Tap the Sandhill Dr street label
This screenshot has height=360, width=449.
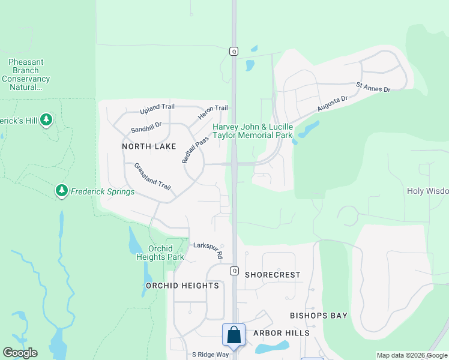coord(146,128)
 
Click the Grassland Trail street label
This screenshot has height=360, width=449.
coord(152,176)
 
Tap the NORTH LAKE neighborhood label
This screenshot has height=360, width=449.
coord(149,146)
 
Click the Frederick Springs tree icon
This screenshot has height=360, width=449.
coord(61,191)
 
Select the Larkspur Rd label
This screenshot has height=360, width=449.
coord(208,249)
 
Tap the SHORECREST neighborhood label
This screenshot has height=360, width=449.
coord(273,275)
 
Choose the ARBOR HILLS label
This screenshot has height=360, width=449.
coord(281,333)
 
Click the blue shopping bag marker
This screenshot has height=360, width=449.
coord(233,334)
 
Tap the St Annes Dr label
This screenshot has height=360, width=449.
coord(373,88)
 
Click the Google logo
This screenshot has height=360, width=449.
coord(20,353)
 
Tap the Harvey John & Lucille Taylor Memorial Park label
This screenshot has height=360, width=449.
coord(252,131)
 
